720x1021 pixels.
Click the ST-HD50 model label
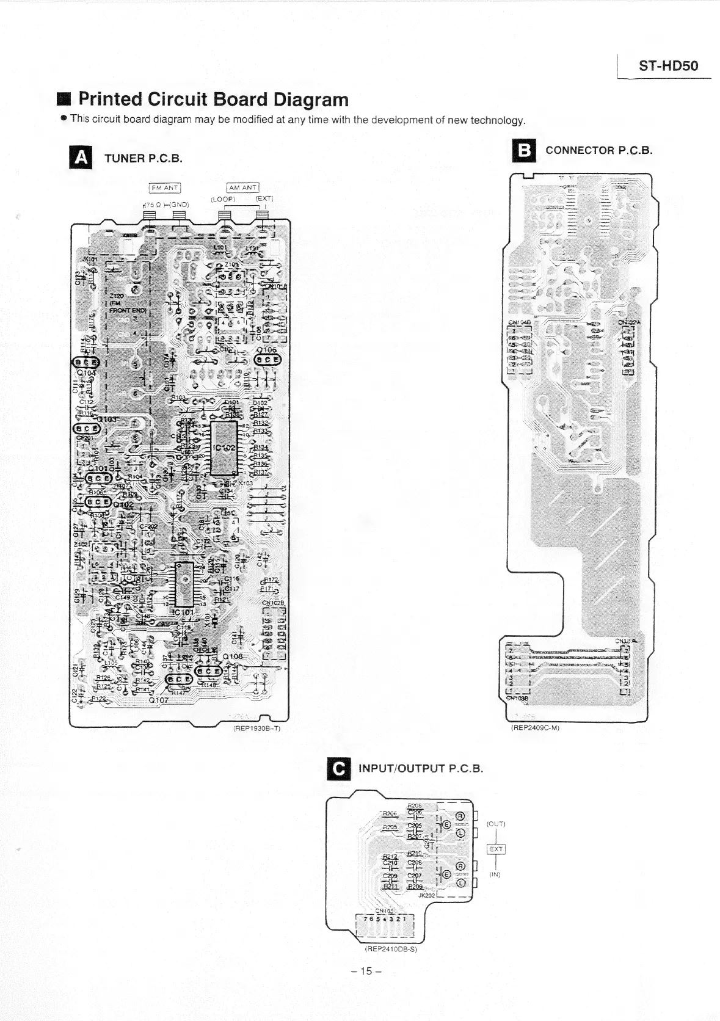pyautogui.click(x=668, y=66)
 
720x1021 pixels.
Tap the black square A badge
pyautogui.click(x=82, y=158)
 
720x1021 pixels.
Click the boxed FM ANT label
pyautogui.click(x=164, y=187)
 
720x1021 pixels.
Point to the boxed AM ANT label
pyautogui.click(x=242, y=187)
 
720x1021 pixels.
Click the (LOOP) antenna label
pyautogui.click(x=223, y=199)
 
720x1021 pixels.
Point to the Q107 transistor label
pyautogui.click(x=159, y=700)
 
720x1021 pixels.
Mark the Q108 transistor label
pyautogui.click(x=233, y=656)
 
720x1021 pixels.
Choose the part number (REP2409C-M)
pyautogui.click(x=536, y=727)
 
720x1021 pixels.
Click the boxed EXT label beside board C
pyautogui.click(x=495, y=849)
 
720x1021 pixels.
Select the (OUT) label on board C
pyautogui.click(x=495, y=824)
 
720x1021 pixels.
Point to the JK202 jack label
pyautogui.click(x=426, y=895)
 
